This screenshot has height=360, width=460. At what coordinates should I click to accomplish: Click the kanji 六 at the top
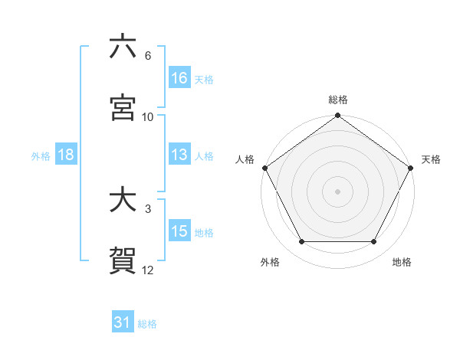tap(123, 47)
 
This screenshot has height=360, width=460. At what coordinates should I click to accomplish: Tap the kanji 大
tap(123, 201)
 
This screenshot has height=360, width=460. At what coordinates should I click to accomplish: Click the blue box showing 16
tap(179, 78)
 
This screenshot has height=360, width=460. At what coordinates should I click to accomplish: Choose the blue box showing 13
tap(179, 155)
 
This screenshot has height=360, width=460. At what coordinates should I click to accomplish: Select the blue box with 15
tap(179, 232)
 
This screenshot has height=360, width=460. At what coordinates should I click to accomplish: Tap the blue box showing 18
tap(66, 155)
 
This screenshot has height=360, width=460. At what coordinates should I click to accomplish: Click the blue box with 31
tap(123, 323)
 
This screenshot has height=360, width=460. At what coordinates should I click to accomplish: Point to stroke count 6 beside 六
tap(148, 56)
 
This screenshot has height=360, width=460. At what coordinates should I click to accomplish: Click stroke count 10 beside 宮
tap(148, 116)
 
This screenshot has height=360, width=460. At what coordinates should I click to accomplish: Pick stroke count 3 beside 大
tap(147, 209)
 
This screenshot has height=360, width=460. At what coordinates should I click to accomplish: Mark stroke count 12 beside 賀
tap(148, 270)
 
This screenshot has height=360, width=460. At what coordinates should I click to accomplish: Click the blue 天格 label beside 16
tap(204, 79)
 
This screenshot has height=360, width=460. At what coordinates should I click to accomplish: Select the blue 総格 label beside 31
tap(147, 324)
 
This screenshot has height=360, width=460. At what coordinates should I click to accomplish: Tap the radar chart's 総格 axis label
tap(337, 100)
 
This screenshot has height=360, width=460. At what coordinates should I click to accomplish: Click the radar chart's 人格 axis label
tap(245, 159)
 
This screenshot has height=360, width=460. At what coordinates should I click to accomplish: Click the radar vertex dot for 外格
tap(301, 242)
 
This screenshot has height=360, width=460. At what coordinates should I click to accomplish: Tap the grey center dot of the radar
tap(337, 191)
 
